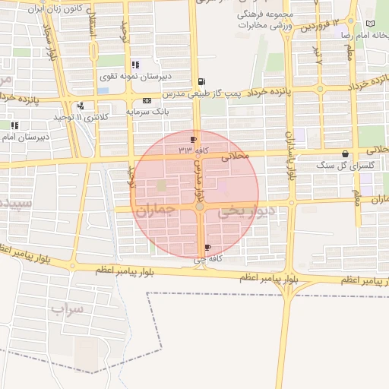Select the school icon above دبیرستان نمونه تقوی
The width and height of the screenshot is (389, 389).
click(136, 65)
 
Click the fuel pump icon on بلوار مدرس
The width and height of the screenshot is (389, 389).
click(201, 81)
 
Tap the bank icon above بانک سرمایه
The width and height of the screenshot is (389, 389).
click(147, 100)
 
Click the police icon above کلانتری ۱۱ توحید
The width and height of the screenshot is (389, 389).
click(81, 106)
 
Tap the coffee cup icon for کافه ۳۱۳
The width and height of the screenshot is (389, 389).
click(193, 139)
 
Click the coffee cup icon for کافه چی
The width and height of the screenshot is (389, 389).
click(207, 248)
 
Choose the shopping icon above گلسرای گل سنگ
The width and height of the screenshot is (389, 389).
click(346, 153)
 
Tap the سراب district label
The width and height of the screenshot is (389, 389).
click(66, 309)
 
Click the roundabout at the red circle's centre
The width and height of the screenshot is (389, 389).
click(199, 207)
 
